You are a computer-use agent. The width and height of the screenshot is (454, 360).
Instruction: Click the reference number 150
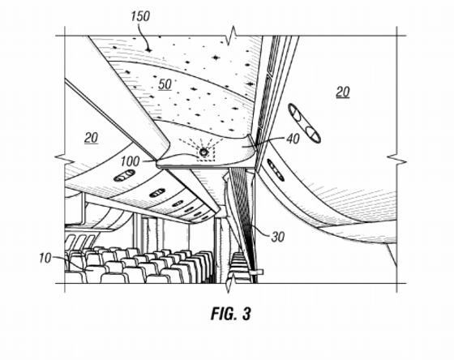(140, 16)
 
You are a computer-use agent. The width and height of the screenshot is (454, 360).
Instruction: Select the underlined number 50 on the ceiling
(165, 84)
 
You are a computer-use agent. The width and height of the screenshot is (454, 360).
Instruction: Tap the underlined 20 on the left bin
(91, 138)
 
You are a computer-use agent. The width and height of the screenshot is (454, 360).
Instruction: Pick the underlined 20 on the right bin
(343, 92)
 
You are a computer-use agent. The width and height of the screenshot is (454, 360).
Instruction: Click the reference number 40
(293, 139)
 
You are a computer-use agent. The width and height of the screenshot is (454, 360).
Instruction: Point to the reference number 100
(130, 161)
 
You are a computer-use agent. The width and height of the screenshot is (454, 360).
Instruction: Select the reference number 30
(278, 237)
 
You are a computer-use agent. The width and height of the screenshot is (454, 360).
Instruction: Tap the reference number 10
(45, 258)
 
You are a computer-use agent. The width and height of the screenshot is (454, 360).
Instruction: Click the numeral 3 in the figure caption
(246, 314)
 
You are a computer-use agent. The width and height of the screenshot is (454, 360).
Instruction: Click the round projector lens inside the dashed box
(203, 152)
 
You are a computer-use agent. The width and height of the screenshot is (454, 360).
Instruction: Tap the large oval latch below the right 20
(304, 124)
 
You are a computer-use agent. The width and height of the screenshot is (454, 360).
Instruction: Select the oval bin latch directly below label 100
(124, 175)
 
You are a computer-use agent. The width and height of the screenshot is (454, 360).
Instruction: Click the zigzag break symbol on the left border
(65, 158)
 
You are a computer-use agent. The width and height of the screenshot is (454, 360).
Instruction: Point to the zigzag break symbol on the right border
(396, 159)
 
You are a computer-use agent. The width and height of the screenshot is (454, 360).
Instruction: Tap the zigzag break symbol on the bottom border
(231, 283)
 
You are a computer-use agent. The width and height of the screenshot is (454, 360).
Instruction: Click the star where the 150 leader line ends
(149, 50)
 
